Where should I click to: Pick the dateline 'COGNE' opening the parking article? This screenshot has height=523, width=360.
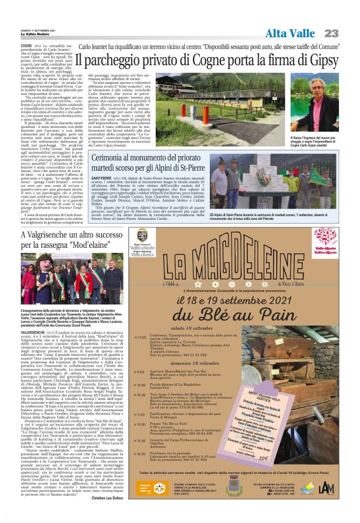[x=27, y=45]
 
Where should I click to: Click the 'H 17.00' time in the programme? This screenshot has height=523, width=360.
[x=140, y=337]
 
